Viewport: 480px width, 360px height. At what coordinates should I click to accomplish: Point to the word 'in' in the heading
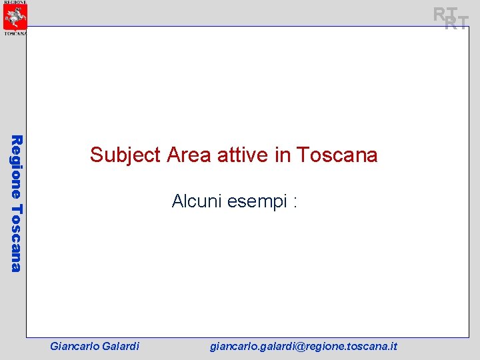pyautogui.click(x=282, y=155)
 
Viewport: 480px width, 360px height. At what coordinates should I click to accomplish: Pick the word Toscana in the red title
pyautogui.click(x=337, y=155)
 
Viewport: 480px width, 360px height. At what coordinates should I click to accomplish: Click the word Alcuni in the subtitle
pyautogui.click(x=197, y=201)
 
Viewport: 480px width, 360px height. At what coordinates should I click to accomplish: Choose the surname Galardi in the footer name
pyautogui.click(x=120, y=346)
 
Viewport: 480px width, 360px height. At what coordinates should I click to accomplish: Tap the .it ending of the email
pyautogui.click(x=393, y=346)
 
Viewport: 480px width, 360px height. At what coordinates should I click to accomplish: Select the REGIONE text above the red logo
pyautogui.click(x=15, y=2)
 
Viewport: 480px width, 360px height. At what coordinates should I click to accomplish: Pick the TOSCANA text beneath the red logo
pyautogui.click(x=15, y=32)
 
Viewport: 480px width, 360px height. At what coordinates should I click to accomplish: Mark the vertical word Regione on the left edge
pyautogui.click(x=17, y=166)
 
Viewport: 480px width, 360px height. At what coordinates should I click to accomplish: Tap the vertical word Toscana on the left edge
pyautogui.click(x=17, y=237)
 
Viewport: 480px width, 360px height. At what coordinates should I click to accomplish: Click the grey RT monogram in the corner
pyautogui.click(x=451, y=18)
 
